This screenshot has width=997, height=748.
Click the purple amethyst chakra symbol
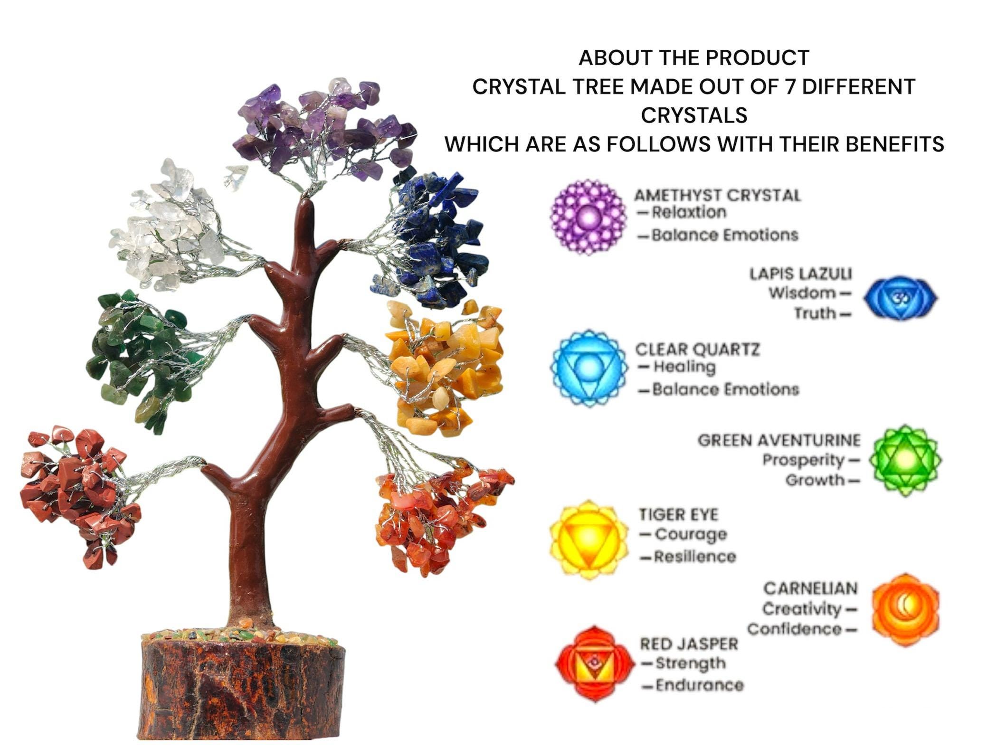(x=588, y=217)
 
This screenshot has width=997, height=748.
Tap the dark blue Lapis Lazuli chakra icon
(x=900, y=298)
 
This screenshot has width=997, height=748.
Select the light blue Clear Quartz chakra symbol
(x=589, y=368)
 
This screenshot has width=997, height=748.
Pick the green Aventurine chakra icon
(x=905, y=460)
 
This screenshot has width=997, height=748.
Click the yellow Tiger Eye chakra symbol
(x=589, y=540)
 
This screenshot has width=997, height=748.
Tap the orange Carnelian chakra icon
(x=905, y=610)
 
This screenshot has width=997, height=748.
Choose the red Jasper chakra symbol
(x=595, y=664)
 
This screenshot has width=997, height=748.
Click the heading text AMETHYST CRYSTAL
(x=717, y=195)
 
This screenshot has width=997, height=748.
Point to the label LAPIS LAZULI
(x=801, y=274)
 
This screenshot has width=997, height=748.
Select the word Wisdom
(x=802, y=293)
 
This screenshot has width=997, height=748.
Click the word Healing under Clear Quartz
(x=684, y=367)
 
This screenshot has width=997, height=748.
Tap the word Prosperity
(x=803, y=460)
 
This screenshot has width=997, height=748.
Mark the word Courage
(x=691, y=534)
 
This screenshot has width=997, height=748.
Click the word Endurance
(x=700, y=685)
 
